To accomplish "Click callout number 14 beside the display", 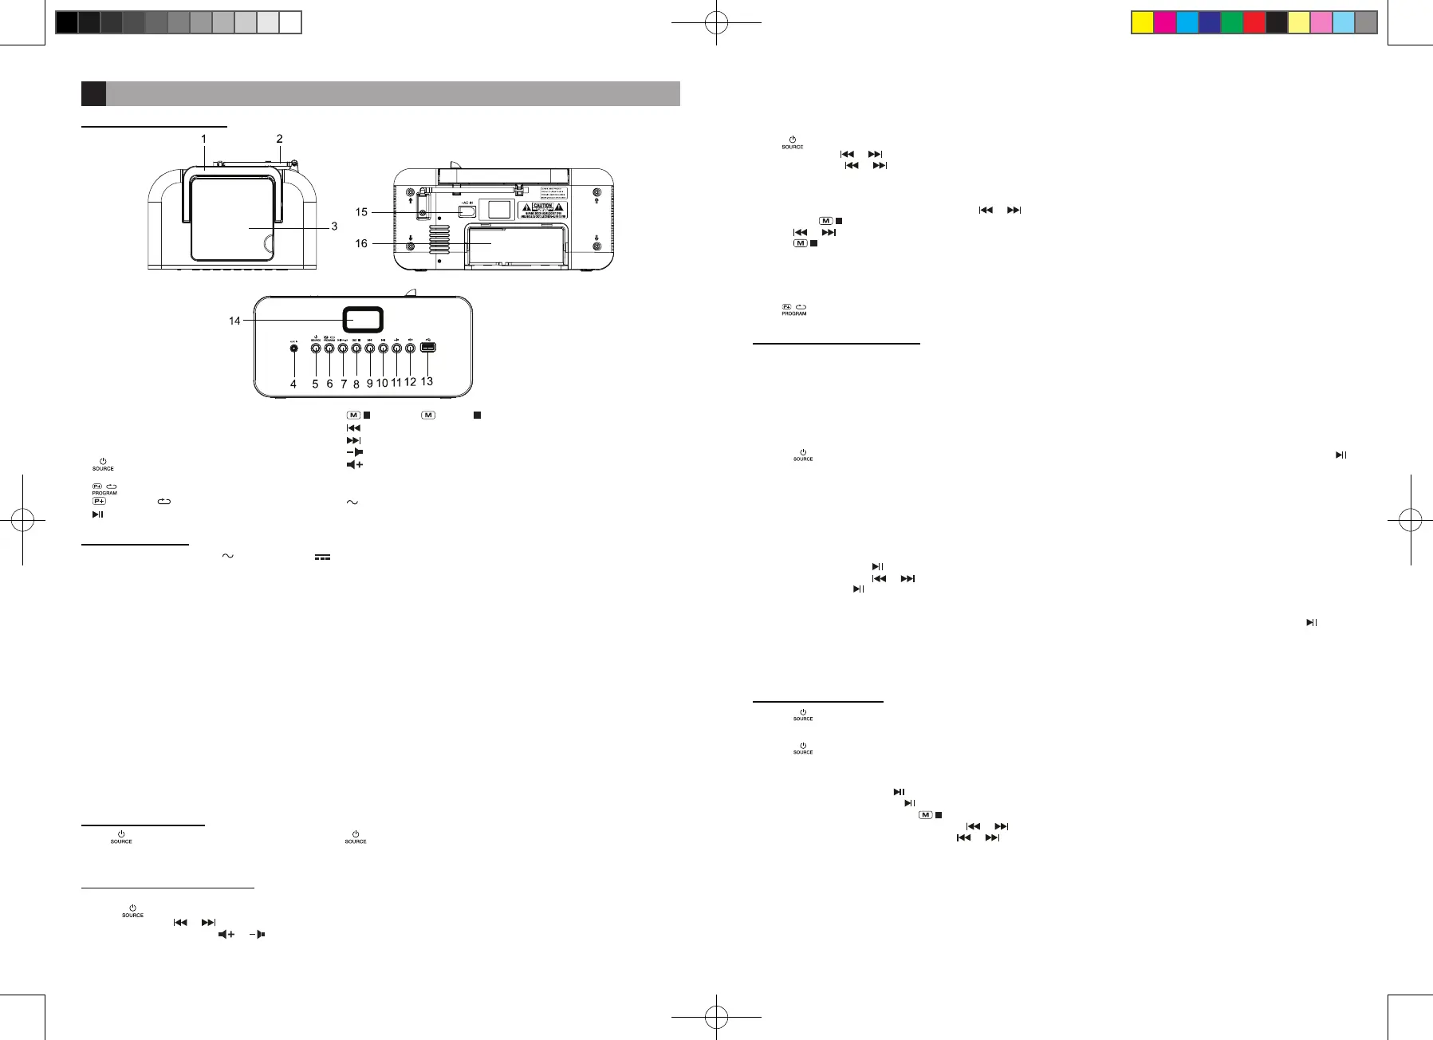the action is [234, 321].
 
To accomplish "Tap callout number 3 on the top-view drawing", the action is [334, 227].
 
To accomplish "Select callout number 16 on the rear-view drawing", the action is [361, 243].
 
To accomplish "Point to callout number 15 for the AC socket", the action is [361, 212].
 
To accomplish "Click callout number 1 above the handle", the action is [203, 139].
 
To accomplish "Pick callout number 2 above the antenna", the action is [279, 139].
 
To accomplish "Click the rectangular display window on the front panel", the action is [363, 320].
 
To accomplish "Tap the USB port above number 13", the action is [427, 347].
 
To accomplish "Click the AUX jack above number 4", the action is [295, 348].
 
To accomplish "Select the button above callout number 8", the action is [356, 348].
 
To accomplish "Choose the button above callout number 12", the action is [410, 348].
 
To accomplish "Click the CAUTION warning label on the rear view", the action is [542, 210].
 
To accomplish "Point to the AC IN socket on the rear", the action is [467, 211].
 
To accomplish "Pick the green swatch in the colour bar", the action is [1232, 22].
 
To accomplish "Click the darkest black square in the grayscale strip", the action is [66, 22].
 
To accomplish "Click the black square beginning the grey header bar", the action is [93, 93].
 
